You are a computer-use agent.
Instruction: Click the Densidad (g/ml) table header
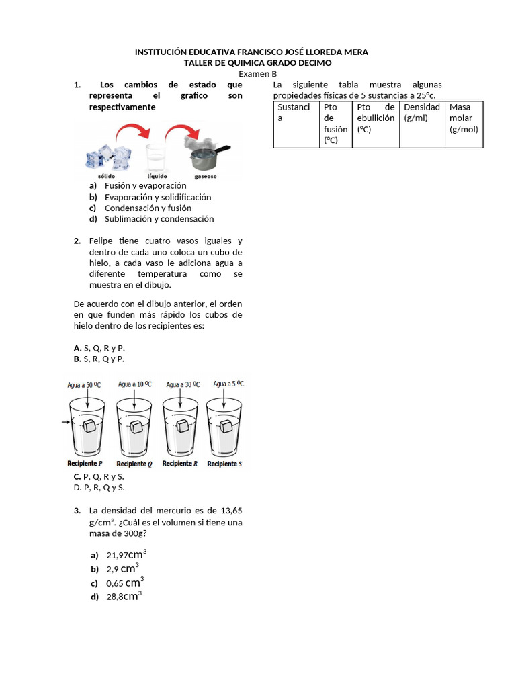422,112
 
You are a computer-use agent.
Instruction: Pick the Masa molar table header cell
464,118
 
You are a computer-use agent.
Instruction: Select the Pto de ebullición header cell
376,118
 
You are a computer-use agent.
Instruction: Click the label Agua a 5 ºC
228,384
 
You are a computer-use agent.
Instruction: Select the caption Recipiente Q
134,464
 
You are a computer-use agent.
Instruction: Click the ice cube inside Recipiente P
89,425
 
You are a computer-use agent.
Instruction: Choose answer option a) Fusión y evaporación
145,185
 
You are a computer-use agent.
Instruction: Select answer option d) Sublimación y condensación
159,219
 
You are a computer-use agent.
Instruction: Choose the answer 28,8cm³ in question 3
123,596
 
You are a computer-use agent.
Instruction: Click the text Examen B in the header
258,74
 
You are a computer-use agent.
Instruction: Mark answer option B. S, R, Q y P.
99,359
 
